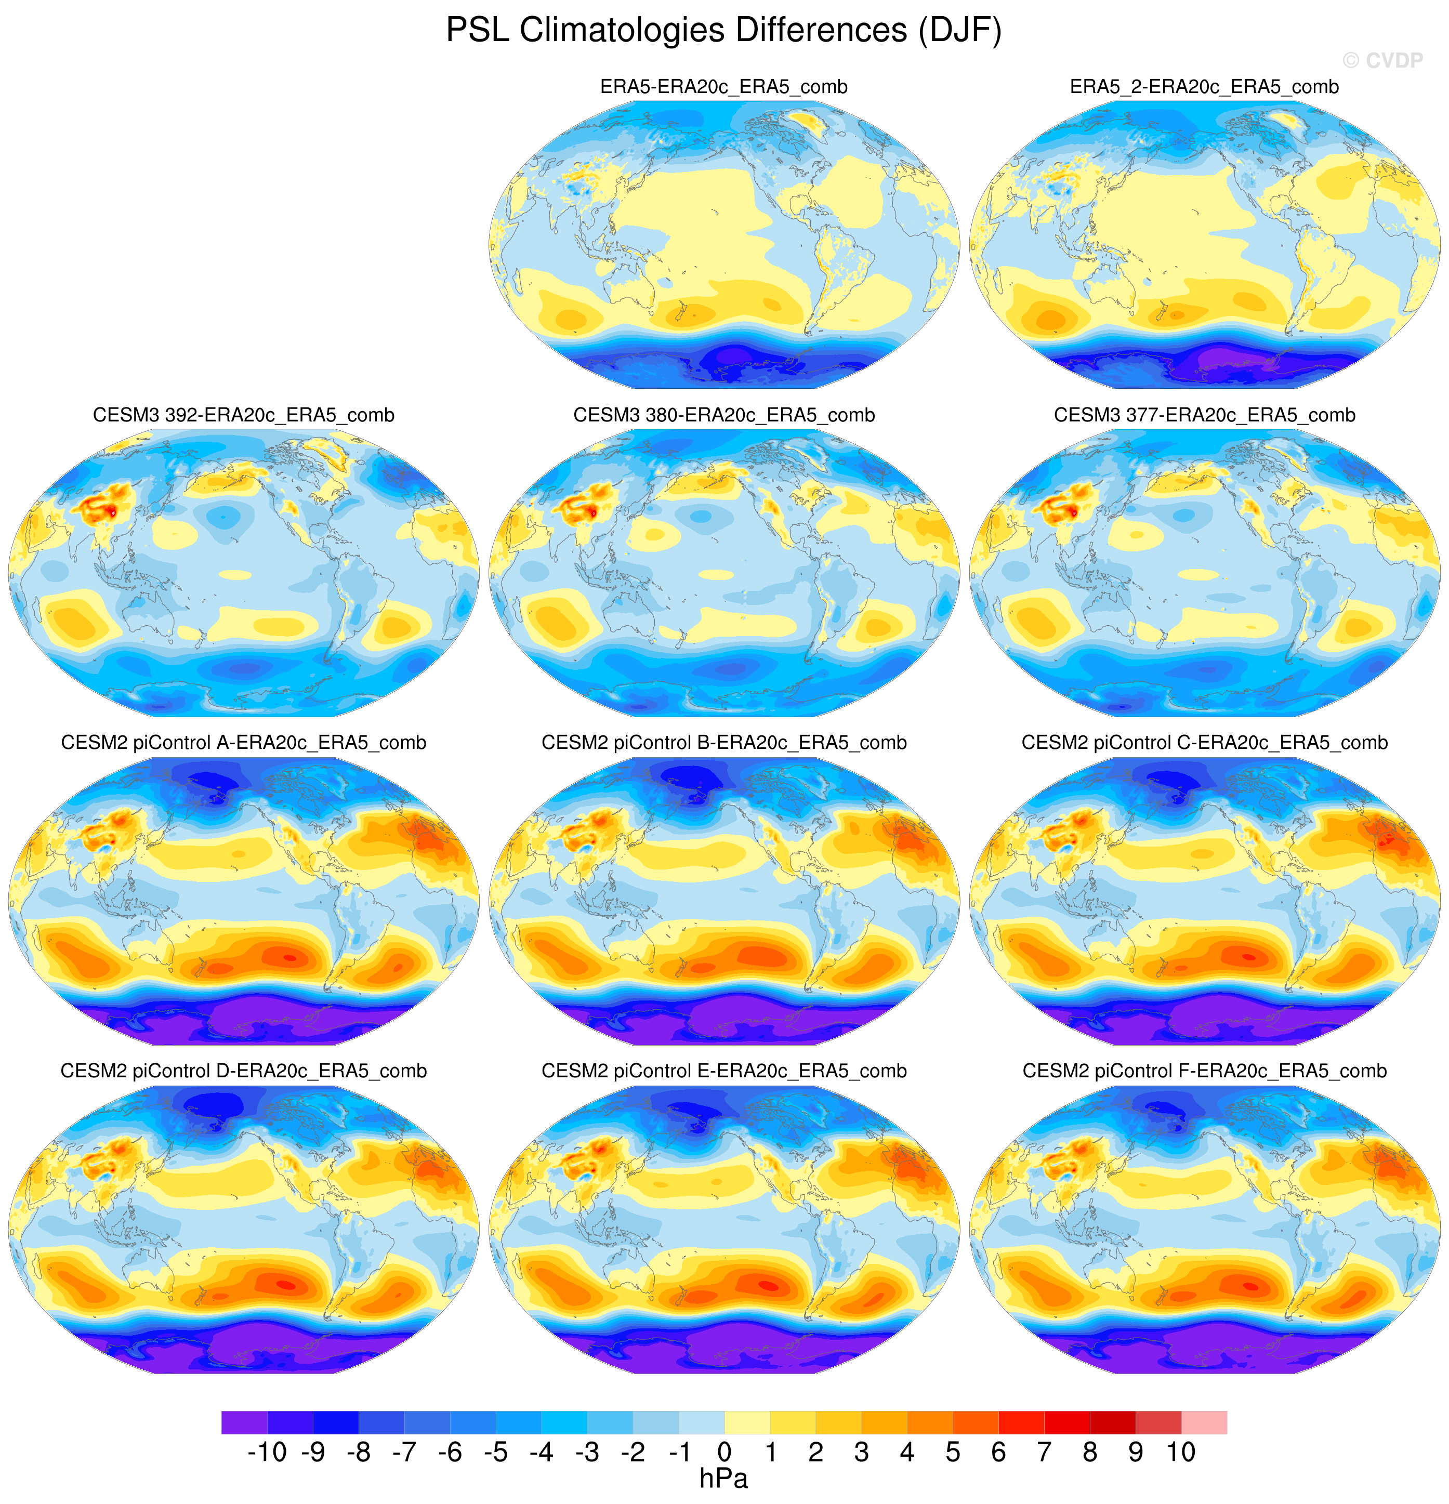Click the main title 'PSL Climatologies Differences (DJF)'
click(x=724, y=31)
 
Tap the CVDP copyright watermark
click(x=1382, y=60)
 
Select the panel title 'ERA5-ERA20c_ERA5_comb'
click(x=724, y=87)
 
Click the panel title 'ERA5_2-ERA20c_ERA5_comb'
click(x=1204, y=87)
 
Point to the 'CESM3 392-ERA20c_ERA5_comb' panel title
click(x=243, y=415)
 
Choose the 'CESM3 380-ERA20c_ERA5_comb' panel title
click(x=724, y=415)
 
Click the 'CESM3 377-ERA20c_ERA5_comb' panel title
click(x=1204, y=415)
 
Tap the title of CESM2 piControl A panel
click(x=243, y=743)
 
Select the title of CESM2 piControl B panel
click(x=724, y=743)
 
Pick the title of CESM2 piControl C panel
click(x=1204, y=743)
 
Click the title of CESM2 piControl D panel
click(x=243, y=1071)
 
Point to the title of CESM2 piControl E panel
click(x=724, y=1071)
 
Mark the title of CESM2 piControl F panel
click(x=1204, y=1071)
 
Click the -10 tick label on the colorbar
click(x=267, y=1452)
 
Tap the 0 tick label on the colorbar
click(x=725, y=1452)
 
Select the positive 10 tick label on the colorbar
click(x=1181, y=1452)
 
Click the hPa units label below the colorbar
click(x=724, y=1479)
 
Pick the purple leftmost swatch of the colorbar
click(x=244, y=1422)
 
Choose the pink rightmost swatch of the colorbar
click(x=1204, y=1422)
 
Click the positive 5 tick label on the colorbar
click(x=953, y=1452)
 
